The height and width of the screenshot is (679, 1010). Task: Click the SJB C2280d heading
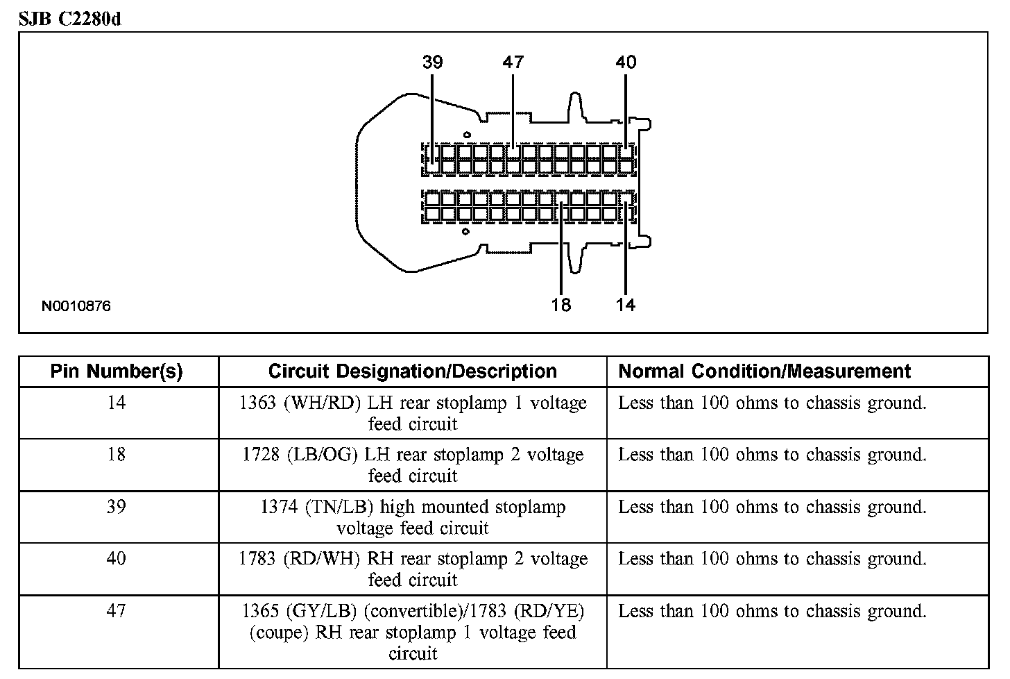69,19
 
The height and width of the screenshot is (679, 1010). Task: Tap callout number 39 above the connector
432,62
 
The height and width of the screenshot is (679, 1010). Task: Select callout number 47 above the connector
513,62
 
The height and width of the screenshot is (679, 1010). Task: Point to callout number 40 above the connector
625,62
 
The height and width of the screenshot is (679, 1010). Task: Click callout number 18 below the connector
560,305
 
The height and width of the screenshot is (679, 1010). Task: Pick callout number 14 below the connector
625,305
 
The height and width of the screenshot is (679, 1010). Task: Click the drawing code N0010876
76,305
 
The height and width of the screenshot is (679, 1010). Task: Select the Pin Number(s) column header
117,371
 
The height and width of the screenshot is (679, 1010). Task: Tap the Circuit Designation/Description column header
412,371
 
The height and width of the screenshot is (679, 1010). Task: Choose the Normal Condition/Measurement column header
764,371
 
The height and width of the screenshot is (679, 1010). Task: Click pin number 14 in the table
117,403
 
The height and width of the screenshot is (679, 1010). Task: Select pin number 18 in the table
117,455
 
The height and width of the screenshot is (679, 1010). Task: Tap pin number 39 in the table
117,507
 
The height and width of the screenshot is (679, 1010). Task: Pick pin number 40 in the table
117,559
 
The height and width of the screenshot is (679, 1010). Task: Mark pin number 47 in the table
117,611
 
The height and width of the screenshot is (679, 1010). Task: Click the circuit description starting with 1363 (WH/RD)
413,413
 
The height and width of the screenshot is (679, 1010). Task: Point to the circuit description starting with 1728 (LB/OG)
413,465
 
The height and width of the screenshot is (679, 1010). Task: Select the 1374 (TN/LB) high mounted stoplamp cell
413,517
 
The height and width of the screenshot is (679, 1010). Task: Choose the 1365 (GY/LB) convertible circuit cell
413,632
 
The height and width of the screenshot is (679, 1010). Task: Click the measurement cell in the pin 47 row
772,612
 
